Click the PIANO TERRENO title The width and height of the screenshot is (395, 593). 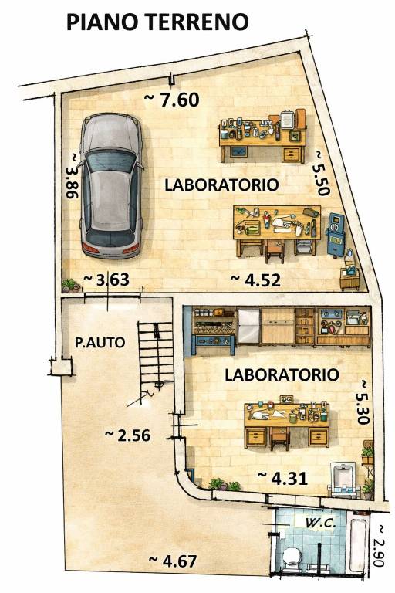tap(157, 22)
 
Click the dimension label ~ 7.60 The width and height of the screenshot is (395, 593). tap(173, 99)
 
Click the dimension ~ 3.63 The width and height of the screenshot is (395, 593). tap(106, 280)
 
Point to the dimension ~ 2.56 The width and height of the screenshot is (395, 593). tap(127, 435)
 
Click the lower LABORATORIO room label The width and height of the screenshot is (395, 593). tap(282, 375)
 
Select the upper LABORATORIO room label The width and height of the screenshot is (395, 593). tap(221, 185)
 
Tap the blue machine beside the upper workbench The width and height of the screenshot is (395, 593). tap(336, 235)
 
